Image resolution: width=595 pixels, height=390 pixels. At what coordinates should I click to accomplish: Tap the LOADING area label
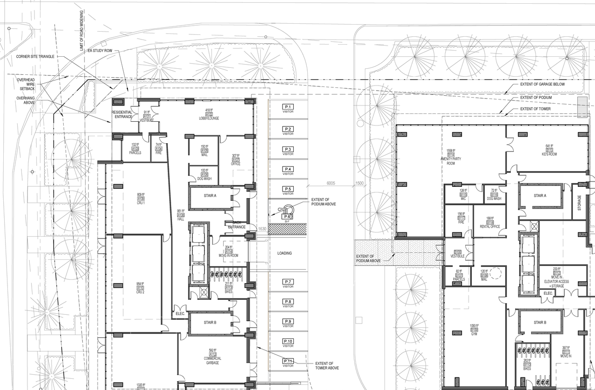click(x=284, y=253)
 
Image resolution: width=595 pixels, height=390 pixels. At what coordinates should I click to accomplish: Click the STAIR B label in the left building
click(x=210, y=323)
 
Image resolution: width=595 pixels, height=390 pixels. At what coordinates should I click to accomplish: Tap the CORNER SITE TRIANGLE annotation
click(x=35, y=56)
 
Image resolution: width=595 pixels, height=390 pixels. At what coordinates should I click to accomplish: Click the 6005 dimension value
click(x=331, y=183)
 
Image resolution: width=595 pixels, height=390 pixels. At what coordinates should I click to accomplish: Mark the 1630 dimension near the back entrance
click(x=262, y=229)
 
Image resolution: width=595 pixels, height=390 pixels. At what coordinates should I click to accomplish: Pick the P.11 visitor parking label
click(x=288, y=363)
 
